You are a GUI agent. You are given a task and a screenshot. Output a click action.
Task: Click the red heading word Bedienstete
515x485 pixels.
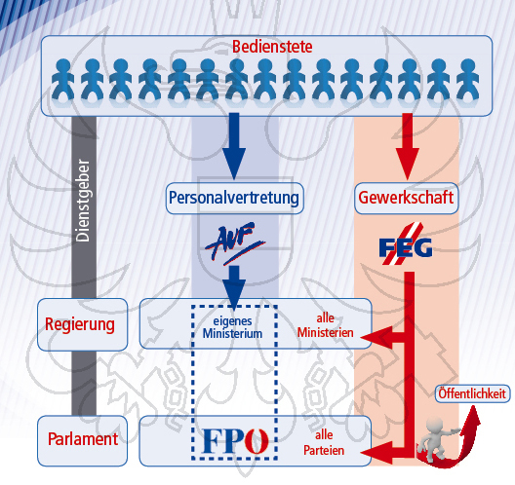[272, 46]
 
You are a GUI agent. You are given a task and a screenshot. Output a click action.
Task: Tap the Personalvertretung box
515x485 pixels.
[234, 198]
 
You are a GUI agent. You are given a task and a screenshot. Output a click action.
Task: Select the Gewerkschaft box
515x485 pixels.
[407, 198]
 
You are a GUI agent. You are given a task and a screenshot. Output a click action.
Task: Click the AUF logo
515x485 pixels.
[235, 243]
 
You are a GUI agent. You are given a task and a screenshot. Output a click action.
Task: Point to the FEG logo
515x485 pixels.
[406, 244]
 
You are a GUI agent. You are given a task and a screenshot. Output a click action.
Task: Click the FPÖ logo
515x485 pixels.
[235, 440]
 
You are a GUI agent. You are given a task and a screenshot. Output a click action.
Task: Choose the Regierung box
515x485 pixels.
[82, 324]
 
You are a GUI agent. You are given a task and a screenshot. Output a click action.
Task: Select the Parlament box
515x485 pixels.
[82, 440]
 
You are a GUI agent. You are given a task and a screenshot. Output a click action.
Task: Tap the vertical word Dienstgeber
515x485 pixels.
[83, 201]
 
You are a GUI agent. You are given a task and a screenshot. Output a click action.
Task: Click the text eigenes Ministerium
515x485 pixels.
[232, 327]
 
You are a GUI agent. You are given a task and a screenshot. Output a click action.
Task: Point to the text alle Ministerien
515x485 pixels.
[325, 325]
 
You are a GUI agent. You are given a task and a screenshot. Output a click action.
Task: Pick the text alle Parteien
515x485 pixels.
[324, 443]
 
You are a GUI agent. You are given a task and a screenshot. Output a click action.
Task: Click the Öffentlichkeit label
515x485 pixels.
[472, 393]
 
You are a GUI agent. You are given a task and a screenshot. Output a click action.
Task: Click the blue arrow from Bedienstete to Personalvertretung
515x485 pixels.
[234, 146]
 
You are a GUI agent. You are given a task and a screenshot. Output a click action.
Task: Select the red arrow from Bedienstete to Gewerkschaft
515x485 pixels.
[408, 146]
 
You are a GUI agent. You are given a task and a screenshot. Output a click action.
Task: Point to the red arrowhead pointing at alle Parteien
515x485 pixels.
[376, 453]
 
